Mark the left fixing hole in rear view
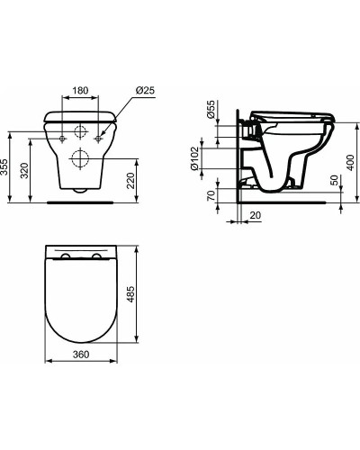tap(60, 138)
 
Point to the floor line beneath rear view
tap(80, 202)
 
